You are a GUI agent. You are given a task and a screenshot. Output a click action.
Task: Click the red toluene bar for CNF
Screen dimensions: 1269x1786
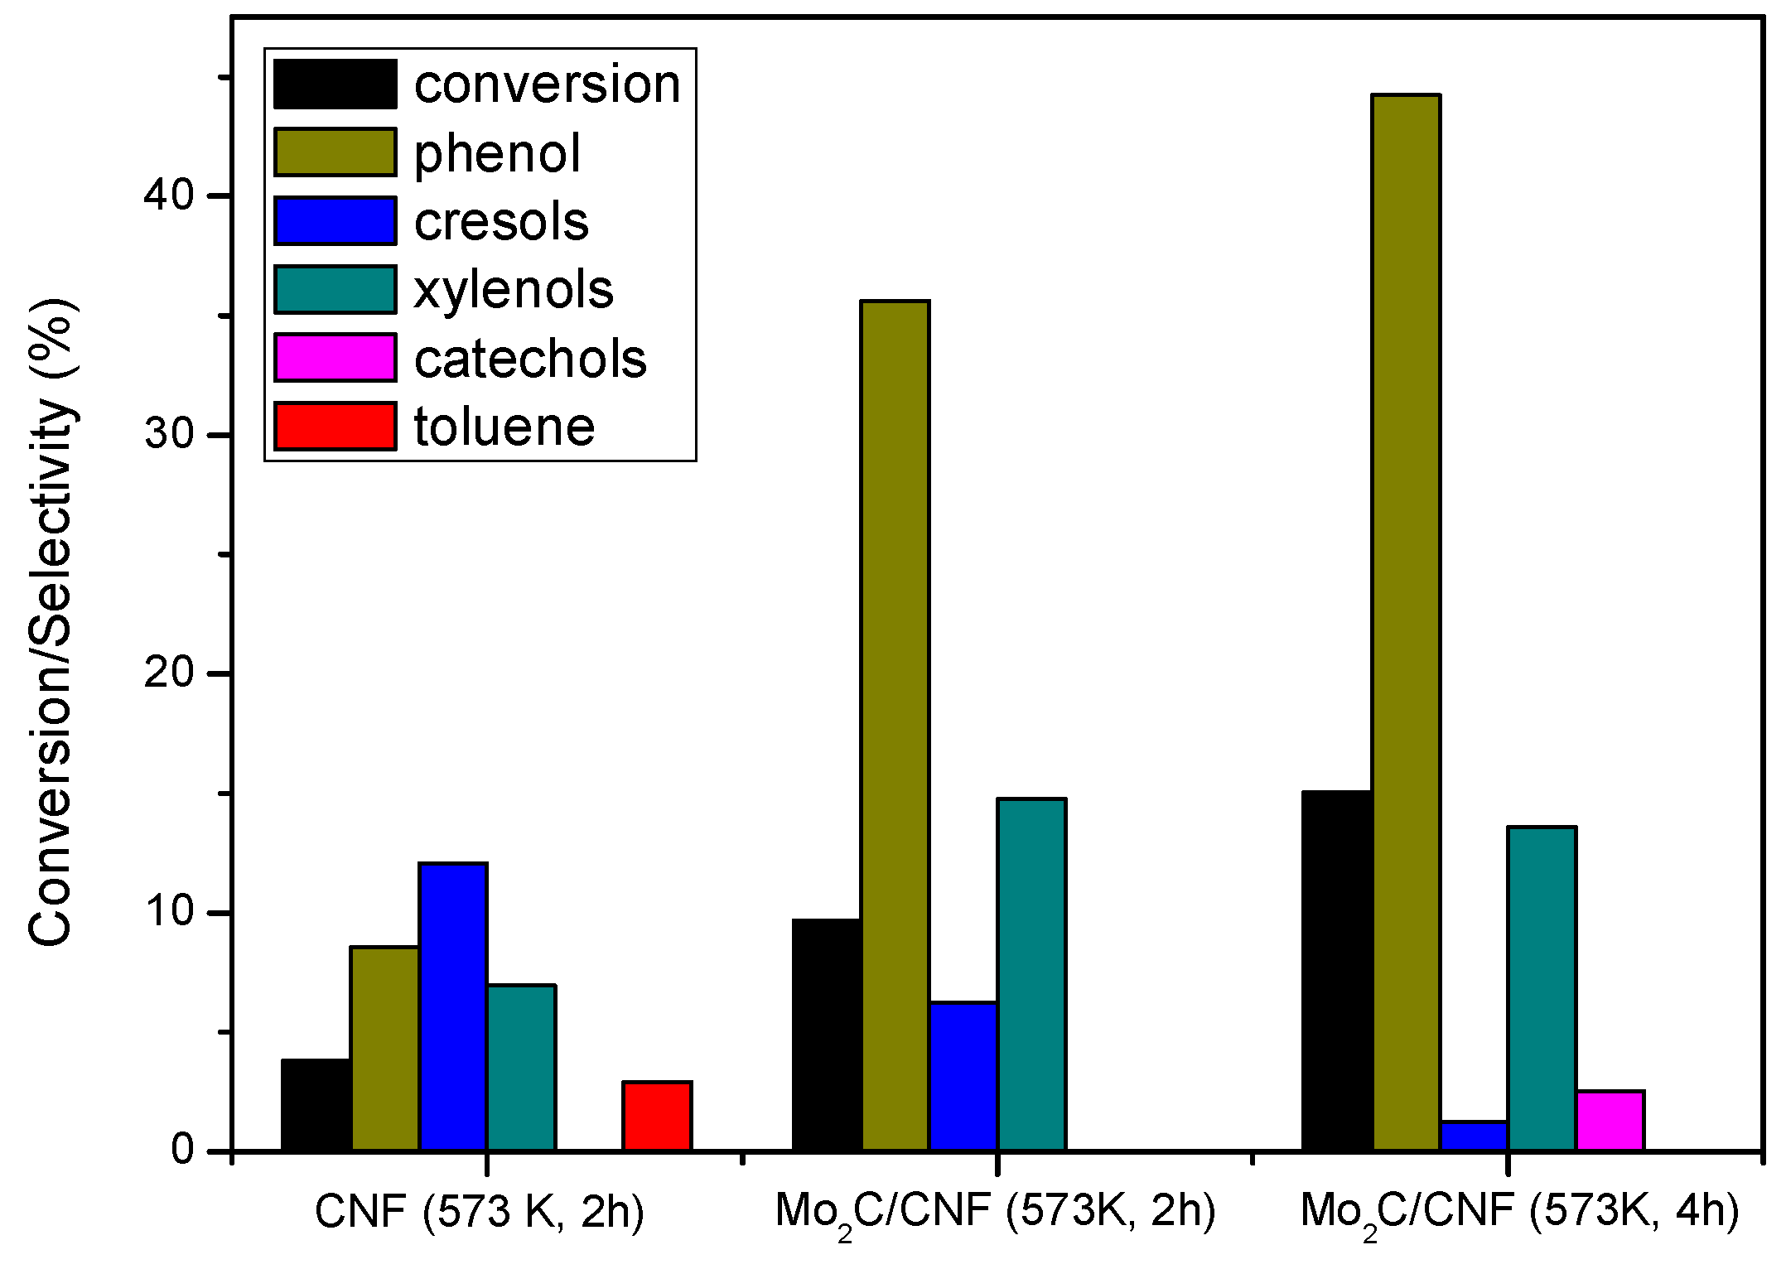(x=658, y=1117)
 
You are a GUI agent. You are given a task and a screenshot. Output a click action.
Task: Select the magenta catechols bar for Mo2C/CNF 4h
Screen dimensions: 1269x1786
(x=1610, y=1122)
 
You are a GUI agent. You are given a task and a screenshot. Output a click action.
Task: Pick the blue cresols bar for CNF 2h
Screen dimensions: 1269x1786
(x=453, y=1007)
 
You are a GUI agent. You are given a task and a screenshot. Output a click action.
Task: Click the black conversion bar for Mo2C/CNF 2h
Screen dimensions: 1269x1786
(x=827, y=1035)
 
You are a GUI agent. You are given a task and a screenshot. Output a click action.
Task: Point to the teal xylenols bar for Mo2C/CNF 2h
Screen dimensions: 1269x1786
(x=1031, y=975)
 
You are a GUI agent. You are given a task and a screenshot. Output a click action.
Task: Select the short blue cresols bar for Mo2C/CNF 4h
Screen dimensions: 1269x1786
(x=1475, y=1136)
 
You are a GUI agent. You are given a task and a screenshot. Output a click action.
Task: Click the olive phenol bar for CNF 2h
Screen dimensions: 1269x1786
(x=385, y=1049)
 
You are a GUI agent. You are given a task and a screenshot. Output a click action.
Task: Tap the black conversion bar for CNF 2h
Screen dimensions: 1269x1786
(x=316, y=1105)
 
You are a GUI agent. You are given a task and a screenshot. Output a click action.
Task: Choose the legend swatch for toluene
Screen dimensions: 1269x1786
(x=335, y=427)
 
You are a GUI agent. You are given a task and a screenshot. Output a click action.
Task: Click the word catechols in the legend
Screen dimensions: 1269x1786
(x=530, y=359)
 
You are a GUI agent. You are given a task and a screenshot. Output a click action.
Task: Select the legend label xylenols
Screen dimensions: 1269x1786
(x=514, y=291)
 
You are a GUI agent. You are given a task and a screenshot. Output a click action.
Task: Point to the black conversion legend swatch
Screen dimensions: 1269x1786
(x=335, y=84)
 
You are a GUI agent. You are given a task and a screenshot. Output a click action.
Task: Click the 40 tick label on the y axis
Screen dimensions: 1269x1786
(x=168, y=195)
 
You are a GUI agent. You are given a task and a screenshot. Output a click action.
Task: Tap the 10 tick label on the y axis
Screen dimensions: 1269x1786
(x=168, y=912)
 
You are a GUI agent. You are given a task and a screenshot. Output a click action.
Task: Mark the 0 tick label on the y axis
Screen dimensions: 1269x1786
(x=182, y=1151)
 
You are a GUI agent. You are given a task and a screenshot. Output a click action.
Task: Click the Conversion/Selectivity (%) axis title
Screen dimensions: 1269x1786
(x=51, y=621)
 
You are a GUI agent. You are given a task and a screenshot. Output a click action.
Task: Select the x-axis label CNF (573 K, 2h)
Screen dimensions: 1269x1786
(x=480, y=1212)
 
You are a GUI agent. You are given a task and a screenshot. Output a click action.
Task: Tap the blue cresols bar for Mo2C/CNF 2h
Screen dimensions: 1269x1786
(x=963, y=1077)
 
